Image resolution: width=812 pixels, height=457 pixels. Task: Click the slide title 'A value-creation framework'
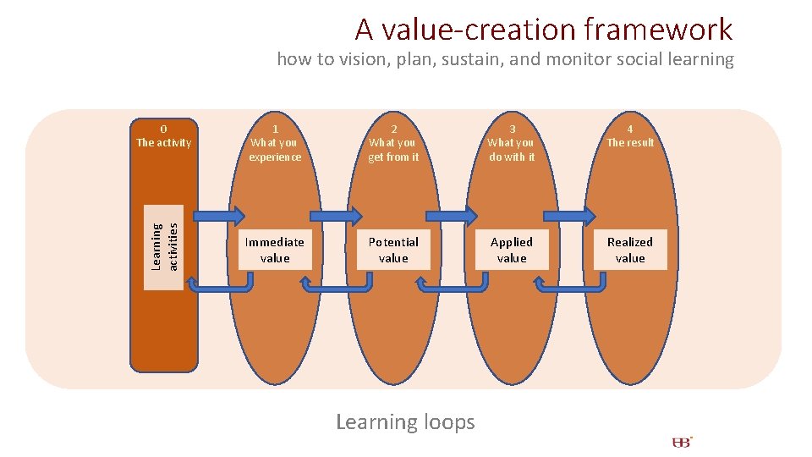point(543,30)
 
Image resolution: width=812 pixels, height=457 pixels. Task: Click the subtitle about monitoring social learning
point(505,59)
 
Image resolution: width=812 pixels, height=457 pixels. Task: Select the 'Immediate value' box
point(275,250)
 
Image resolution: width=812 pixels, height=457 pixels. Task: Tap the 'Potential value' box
point(393,250)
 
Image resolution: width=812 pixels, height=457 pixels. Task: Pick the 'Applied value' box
point(512,250)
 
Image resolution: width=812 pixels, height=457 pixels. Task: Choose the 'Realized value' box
point(630,250)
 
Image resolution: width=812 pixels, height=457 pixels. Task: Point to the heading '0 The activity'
point(164,136)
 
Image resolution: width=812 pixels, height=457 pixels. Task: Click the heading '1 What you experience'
point(275,143)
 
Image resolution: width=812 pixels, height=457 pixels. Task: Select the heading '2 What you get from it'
point(393,143)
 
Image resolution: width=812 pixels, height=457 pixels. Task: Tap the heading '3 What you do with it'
point(512,143)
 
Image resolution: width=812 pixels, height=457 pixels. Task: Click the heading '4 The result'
point(630,136)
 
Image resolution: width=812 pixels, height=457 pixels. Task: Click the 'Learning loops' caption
point(405,421)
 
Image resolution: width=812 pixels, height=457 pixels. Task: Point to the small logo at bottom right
point(682,442)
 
